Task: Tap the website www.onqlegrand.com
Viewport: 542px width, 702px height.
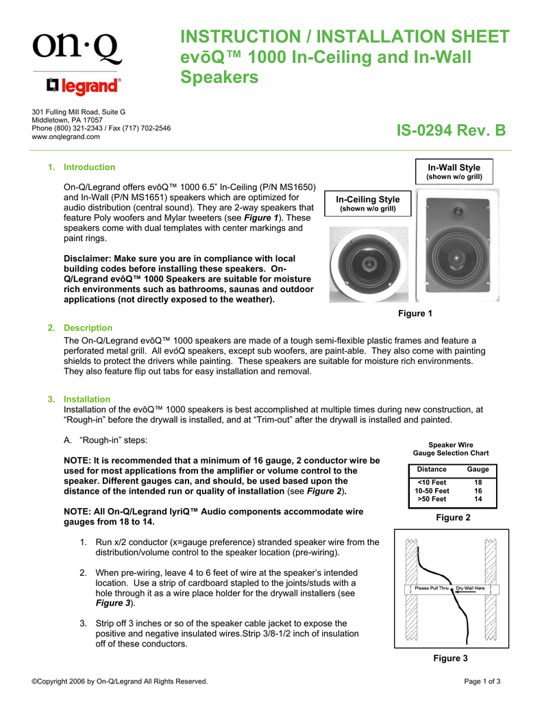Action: point(66,136)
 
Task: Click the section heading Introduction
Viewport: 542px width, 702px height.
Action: point(89,167)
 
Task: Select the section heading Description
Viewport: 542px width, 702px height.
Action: point(88,328)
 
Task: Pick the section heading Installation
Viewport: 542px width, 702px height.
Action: point(87,399)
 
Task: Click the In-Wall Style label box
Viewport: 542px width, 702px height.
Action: point(454,171)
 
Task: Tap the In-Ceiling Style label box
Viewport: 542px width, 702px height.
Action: point(367,204)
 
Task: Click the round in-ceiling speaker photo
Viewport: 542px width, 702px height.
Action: point(367,265)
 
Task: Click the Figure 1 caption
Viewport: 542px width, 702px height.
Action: point(415,313)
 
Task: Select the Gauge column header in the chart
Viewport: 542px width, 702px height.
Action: point(478,469)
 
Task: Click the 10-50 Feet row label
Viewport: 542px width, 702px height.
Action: point(432,491)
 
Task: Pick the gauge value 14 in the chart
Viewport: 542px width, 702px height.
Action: point(478,499)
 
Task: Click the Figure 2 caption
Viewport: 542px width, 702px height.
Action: point(453,518)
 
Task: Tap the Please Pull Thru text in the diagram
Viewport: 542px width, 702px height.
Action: point(432,588)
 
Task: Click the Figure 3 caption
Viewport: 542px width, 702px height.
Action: point(450,659)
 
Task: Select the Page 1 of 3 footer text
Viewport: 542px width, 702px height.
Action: point(482,681)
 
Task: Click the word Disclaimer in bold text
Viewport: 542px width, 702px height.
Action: point(87,258)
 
